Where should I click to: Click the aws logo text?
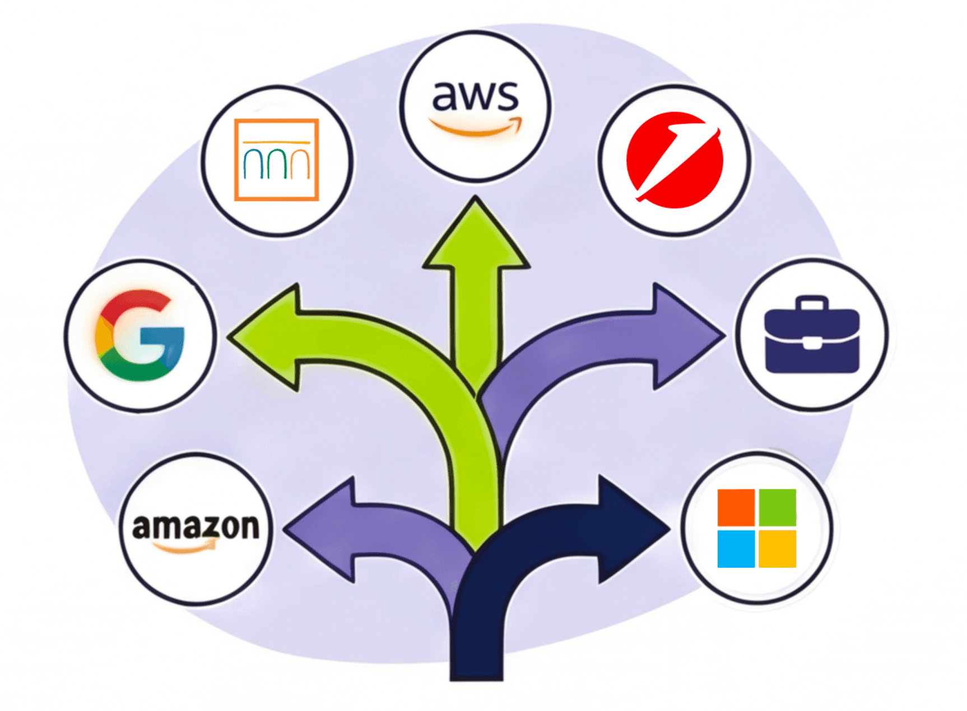(475, 96)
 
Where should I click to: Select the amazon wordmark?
(196, 527)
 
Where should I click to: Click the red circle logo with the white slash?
(675, 160)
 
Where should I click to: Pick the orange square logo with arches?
(277, 160)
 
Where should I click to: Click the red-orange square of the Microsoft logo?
(736, 507)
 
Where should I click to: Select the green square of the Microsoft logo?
(778, 507)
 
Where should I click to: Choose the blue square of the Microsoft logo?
(736, 549)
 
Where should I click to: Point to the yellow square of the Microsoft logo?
(778, 549)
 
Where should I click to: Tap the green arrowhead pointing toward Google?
(266, 336)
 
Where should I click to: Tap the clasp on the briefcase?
(812, 343)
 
